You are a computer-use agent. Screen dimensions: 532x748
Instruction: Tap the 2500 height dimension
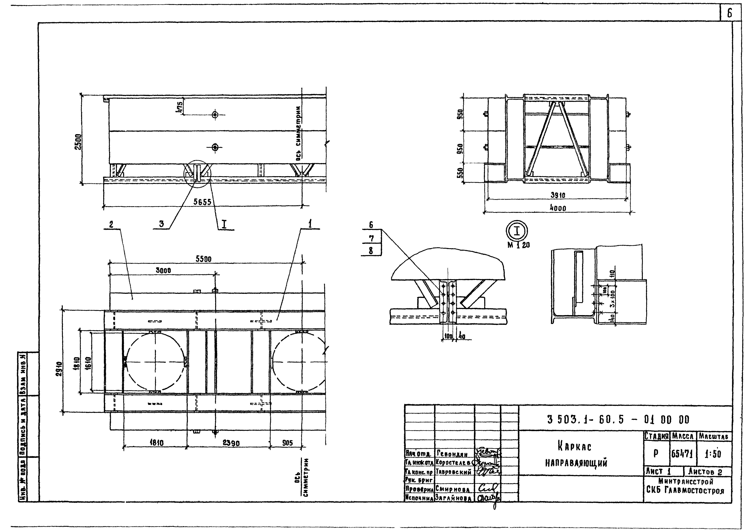78,142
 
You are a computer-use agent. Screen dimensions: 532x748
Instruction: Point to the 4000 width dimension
558,208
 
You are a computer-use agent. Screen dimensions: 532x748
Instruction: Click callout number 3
161,224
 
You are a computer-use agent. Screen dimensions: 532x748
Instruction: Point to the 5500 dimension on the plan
203,259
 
